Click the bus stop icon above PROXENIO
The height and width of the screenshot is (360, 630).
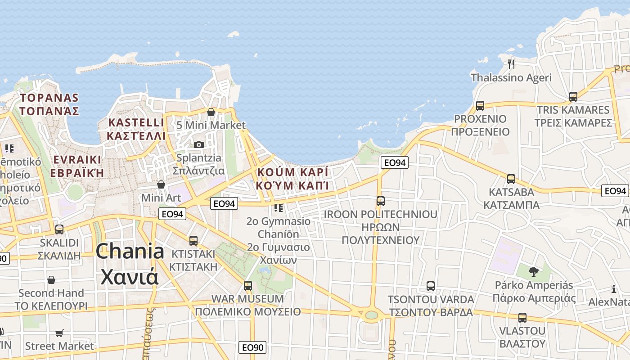[480, 106]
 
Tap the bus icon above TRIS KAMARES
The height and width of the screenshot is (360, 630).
[573, 96]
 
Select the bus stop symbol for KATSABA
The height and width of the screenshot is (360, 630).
[511, 179]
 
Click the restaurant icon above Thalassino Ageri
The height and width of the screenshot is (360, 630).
[511, 64]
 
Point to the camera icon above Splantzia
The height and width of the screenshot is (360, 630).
[199, 144]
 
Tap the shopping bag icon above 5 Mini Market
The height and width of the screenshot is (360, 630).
[211, 112]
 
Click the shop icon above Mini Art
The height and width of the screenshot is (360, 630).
[161, 184]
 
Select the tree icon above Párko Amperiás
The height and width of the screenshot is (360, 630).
[534, 271]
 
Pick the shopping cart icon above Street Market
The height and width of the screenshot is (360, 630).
[59, 333]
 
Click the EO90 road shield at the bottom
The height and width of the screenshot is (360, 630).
[252, 347]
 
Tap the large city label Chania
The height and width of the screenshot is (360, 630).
[130, 251]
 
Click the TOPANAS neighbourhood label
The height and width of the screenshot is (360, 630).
[49, 98]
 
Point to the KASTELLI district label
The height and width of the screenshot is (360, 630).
[136, 122]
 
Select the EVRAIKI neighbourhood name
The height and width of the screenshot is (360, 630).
[77, 159]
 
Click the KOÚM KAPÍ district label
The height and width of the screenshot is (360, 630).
[292, 172]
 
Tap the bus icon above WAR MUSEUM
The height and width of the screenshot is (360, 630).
[247, 285]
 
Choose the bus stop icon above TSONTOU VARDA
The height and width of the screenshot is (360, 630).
[431, 286]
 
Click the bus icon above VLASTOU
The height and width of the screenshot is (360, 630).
[522, 317]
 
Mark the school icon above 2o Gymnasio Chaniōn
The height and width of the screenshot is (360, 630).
[279, 208]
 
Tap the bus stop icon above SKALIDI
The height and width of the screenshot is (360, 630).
[59, 229]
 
